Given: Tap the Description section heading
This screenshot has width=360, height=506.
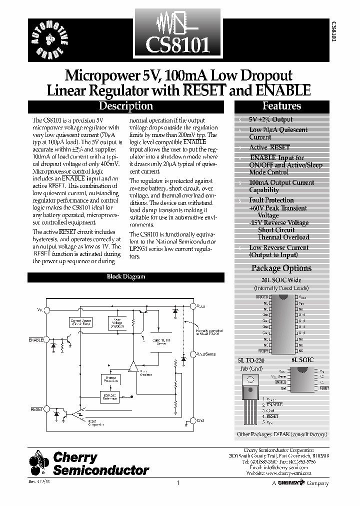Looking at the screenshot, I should tap(125, 106).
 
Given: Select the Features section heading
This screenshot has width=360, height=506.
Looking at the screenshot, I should tap(281, 106).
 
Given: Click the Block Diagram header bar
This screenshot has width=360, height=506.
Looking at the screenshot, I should tap(126, 276).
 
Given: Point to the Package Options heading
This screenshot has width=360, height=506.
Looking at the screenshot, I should tap(281, 268).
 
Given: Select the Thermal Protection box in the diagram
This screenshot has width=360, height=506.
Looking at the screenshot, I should tap(110, 380).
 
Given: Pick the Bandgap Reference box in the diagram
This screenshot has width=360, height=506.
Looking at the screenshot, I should tap(110, 396).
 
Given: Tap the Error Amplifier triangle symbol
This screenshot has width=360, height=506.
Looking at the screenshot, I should tap(133, 366).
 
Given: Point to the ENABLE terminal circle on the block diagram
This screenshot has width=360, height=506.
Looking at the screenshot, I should tap(46, 340).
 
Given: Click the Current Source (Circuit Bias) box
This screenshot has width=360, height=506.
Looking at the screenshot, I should tap(80, 322).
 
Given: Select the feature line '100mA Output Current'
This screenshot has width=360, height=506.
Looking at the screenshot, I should tap(281, 183).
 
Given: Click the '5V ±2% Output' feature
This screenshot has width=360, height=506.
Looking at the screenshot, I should tap(270, 119).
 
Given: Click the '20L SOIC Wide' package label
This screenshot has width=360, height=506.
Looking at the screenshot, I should tap(281, 280).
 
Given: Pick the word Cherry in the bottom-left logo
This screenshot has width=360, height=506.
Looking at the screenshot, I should tap(75, 457).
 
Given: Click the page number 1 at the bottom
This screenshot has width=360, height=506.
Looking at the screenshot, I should tap(178, 483).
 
